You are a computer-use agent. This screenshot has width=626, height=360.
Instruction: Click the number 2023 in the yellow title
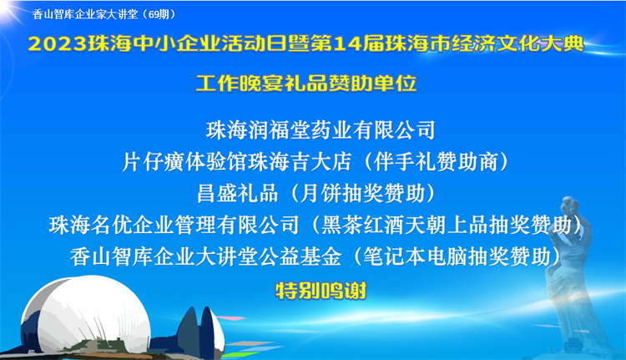coord(58,44)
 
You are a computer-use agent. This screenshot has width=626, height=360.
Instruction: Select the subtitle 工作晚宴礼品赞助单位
coord(306,83)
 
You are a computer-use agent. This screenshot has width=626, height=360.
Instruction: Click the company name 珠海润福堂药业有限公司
coord(321,130)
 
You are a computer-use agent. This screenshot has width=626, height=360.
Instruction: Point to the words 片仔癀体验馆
coord(184,162)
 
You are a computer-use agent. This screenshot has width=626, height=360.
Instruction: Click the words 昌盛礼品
coord(238,194)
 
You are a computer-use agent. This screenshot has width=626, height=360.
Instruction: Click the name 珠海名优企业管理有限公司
coord(174,225)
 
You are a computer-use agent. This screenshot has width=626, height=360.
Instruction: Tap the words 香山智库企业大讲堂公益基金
coord(206,256)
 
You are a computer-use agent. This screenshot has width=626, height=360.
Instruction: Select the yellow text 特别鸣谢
coord(321,291)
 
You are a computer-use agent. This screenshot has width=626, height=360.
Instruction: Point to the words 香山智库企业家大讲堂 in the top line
coord(85,14)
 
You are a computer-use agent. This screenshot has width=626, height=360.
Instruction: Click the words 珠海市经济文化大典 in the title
coord(484,44)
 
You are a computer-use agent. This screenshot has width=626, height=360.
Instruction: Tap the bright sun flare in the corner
coord(8,9)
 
